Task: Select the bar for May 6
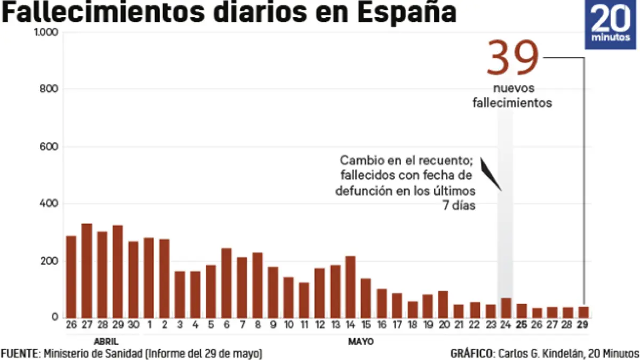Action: point(226,283)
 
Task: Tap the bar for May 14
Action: point(350,287)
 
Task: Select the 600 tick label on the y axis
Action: point(49,147)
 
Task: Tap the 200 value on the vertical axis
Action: point(49,261)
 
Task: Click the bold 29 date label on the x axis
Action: point(583,325)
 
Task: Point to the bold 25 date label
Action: point(522,325)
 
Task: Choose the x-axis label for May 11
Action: point(304,325)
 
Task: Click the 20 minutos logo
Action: point(611,25)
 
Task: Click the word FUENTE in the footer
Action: point(20,354)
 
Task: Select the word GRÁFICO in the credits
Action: point(471,354)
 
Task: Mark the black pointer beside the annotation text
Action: point(491,173)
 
